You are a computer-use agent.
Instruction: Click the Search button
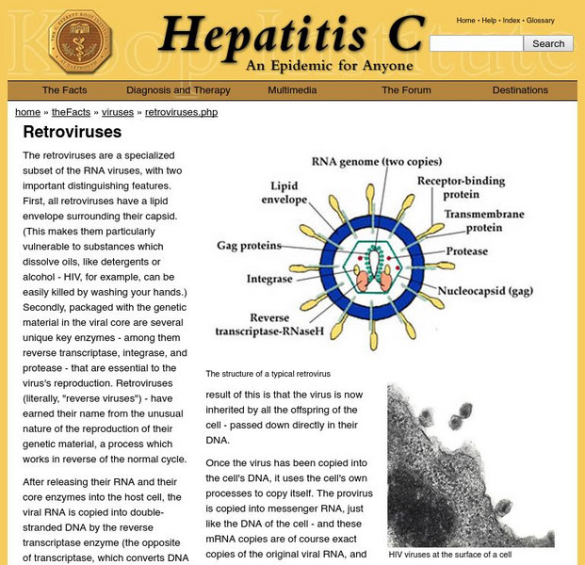click(548, 43)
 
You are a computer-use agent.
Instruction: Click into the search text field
click(476, 43)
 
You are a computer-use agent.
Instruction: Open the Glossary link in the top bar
click(540, 20)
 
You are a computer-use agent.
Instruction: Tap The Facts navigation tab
click(64, 90)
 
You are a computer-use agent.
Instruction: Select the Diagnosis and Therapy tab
click(178, 90)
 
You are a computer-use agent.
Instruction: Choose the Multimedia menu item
click(292, 90)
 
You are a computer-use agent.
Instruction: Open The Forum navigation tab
click(406, 90)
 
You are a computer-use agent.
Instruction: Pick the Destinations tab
click(520, 90)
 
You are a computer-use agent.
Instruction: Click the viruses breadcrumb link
click(118, 112)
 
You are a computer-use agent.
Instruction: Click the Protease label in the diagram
click(467, 251)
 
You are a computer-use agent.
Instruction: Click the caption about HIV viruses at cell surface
click(449, 555)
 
